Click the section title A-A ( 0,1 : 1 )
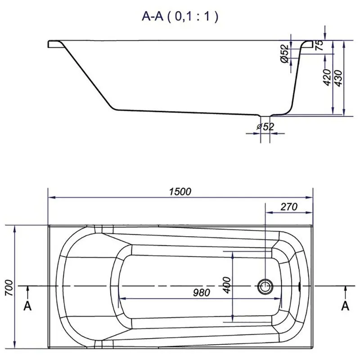click(180, 17)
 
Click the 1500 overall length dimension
click(180, 192)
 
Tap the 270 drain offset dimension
click(289, 207)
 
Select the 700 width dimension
click(9, 288)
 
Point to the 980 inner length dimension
click(201, 292)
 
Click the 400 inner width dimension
click(227, 285)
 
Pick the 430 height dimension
click(338, 78)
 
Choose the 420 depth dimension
click(327, 77)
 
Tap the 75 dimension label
click(319, 45)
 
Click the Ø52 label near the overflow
click(285, 54)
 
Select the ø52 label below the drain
click(265, 126)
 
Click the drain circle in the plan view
click(265, 286)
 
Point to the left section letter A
click(27, 306)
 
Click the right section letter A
click(345, 306)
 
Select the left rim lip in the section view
click(54, 44)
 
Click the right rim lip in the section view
click(308, 44)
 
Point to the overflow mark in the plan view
click(300, 286)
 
